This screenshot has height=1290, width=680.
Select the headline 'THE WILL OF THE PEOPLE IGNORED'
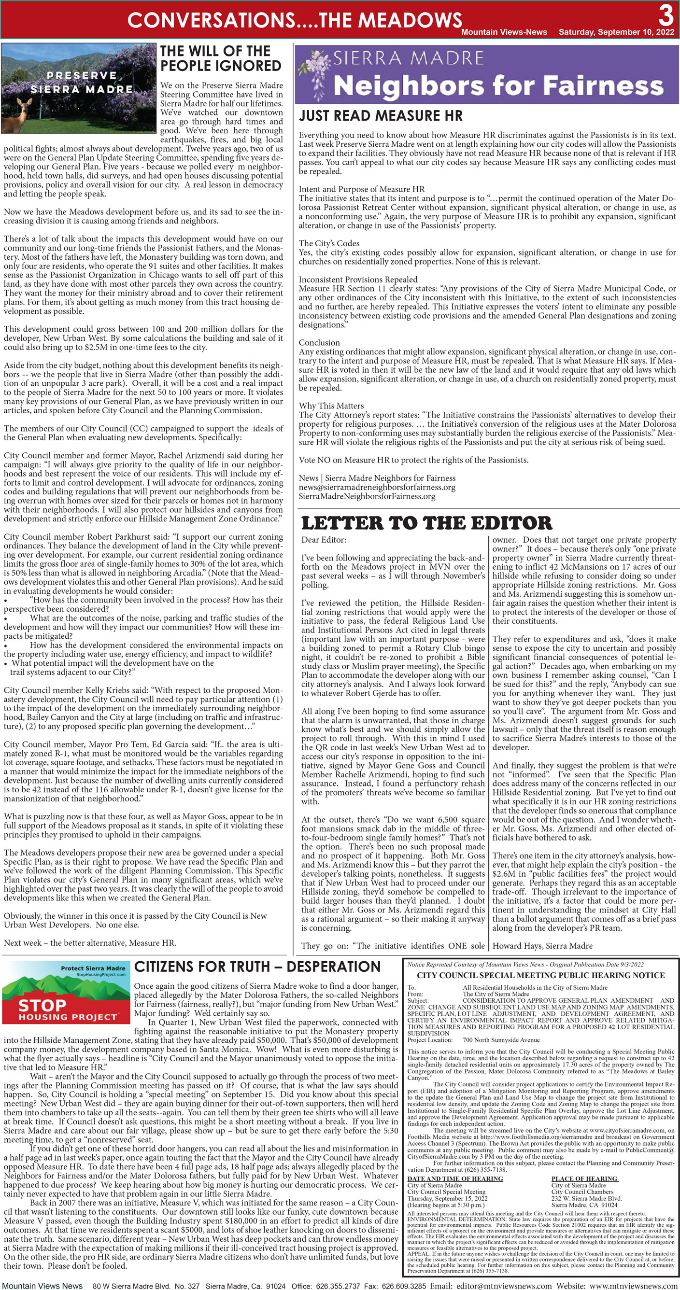pos(221,58)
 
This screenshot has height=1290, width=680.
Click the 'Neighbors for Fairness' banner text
pos(498,85)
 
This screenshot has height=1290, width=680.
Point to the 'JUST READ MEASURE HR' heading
pos(381,116)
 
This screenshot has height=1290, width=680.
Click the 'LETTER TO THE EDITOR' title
pos(426,523)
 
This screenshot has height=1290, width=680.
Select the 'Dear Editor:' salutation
pos(324,540)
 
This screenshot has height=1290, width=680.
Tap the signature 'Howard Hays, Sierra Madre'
pos(542,946)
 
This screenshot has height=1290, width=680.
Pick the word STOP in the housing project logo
pos(42,1005)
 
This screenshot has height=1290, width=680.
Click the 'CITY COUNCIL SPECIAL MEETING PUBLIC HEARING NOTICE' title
pos(541,976)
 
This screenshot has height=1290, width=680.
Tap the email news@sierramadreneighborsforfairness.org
pos(377,487)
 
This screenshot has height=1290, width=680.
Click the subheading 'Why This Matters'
pos(331,406)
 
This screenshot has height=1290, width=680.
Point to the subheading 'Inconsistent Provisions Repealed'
pos(358,280)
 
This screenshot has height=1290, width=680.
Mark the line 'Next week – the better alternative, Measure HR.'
pos(90,943)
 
